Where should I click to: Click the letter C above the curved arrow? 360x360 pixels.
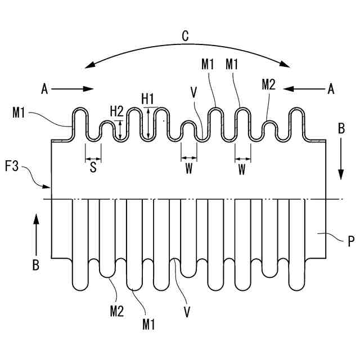pos(185,37)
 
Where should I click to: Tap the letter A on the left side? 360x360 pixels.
pos(45,88)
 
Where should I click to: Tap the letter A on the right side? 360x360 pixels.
pos(331,88)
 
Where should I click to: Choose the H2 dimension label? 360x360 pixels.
pos(116,111)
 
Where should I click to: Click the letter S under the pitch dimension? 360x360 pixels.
pos(93,167)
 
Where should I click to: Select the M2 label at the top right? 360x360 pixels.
pos(269,85)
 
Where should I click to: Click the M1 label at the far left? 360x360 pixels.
pos(19,114)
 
